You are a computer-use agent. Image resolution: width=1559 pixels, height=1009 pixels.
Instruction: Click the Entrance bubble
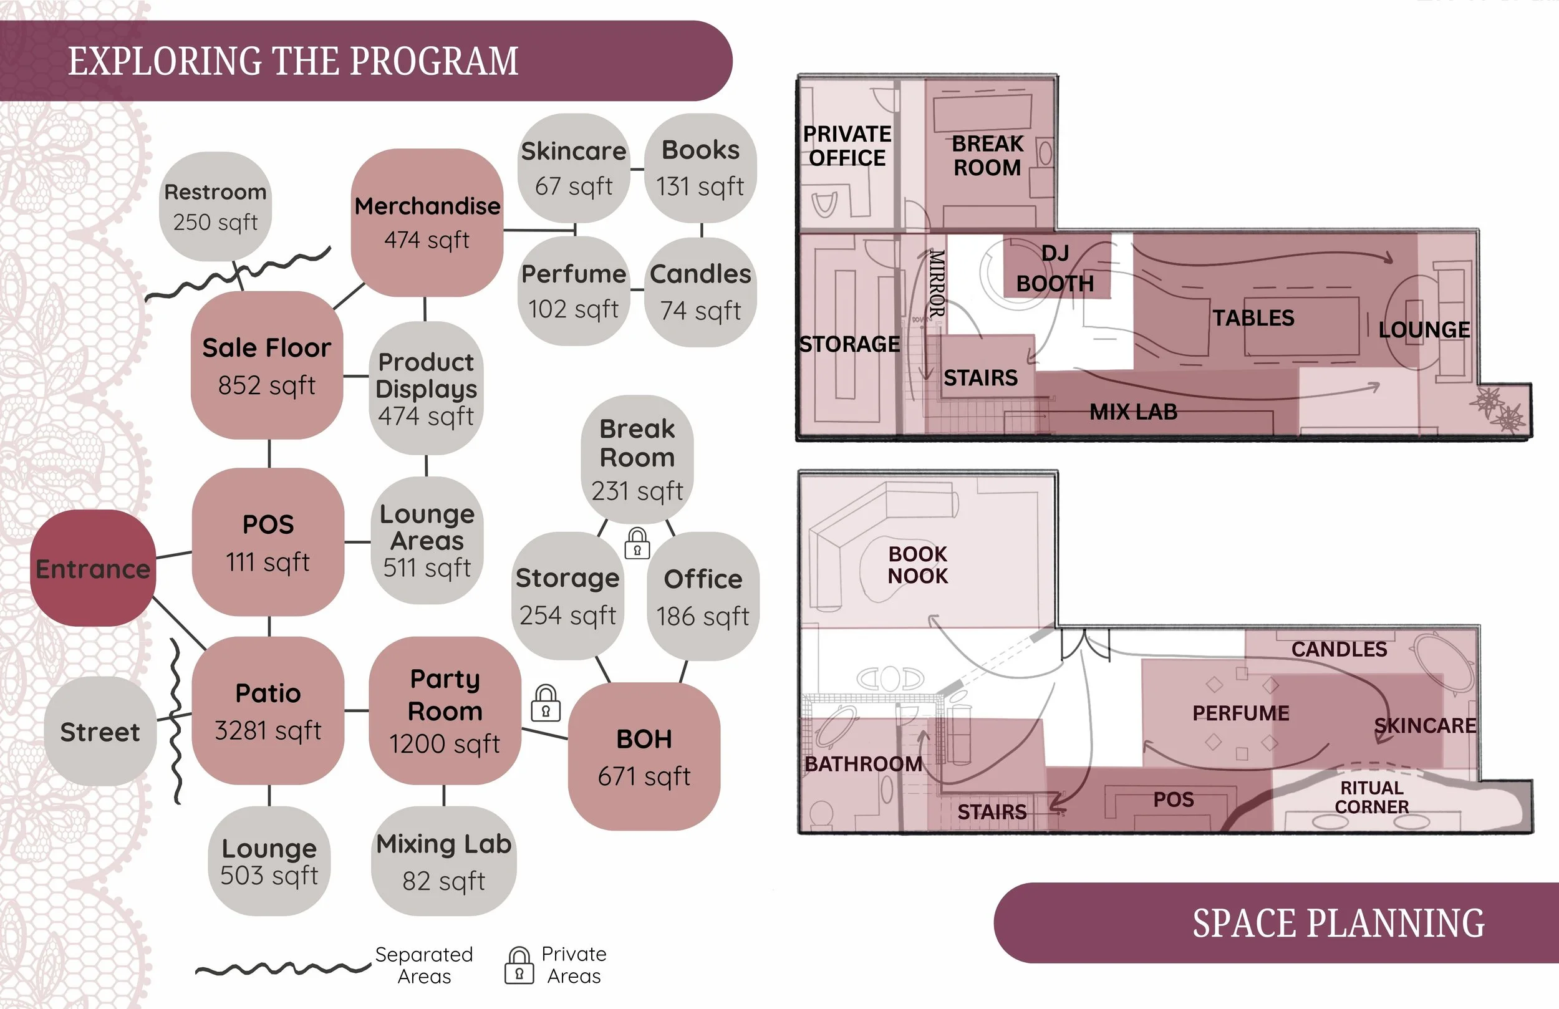coord(93,568)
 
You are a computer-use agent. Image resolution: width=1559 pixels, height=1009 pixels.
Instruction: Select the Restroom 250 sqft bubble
coord(216,206)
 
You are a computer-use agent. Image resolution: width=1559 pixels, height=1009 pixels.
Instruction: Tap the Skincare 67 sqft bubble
coord(573,168)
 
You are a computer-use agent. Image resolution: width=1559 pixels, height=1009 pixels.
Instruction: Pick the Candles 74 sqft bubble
coord(700,292)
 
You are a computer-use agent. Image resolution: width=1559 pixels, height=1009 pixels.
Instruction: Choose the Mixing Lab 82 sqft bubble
coord(443,861)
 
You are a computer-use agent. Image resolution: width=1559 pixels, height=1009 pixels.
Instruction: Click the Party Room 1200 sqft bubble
coord(445,710)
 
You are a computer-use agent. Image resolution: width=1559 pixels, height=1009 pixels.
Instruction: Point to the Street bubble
coord(100,731)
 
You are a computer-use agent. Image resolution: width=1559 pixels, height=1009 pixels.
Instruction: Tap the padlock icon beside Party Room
coord(546,703)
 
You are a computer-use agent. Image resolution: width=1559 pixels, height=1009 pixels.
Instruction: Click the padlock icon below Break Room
coord(637,543)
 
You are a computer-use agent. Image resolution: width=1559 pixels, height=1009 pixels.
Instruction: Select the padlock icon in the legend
coord(519,965)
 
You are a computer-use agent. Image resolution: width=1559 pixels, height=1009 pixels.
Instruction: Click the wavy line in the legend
coord(283,968)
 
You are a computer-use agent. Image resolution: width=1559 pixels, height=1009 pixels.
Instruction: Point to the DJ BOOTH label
coord(1055,269)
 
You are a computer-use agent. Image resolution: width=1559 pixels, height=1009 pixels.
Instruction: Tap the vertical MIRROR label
coord(937,283)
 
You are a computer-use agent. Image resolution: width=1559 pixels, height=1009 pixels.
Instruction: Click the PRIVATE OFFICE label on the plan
coord(847,145)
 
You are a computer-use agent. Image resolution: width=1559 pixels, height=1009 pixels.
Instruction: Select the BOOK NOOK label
coord(917,564)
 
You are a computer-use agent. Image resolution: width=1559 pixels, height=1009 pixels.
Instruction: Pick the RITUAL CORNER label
coord(1372,797)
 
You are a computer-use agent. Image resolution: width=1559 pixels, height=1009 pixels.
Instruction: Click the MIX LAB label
coord(1133,412)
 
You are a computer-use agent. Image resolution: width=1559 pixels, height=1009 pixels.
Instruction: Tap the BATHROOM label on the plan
coord(863,763)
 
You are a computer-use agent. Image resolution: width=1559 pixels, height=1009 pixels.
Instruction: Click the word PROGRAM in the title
coord(433,61)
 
